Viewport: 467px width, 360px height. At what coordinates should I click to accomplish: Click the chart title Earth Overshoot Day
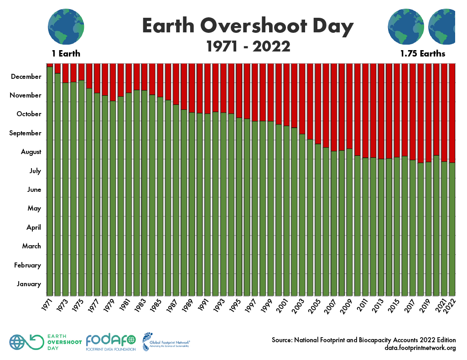point(248,26)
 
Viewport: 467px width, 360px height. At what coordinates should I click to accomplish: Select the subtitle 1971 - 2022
point(248,46)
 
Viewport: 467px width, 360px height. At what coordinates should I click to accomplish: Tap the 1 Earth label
point(66,54)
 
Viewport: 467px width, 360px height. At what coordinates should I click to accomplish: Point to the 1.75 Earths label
point(423,54)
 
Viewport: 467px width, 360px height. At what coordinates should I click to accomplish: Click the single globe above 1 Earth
point(66,26)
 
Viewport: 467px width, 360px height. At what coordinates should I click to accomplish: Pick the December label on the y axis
point(26,77)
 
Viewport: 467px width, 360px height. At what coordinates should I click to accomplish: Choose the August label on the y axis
point(31,152)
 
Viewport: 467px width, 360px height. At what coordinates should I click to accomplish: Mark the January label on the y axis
point(29,284)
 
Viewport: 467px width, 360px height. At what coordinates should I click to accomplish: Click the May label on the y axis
point(34,208)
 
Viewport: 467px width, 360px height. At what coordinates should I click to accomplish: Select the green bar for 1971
point(50,182)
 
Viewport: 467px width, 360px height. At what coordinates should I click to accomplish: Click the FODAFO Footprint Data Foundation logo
point(111,342)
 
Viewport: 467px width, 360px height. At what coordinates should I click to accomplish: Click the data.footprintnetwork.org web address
point(420,348)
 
